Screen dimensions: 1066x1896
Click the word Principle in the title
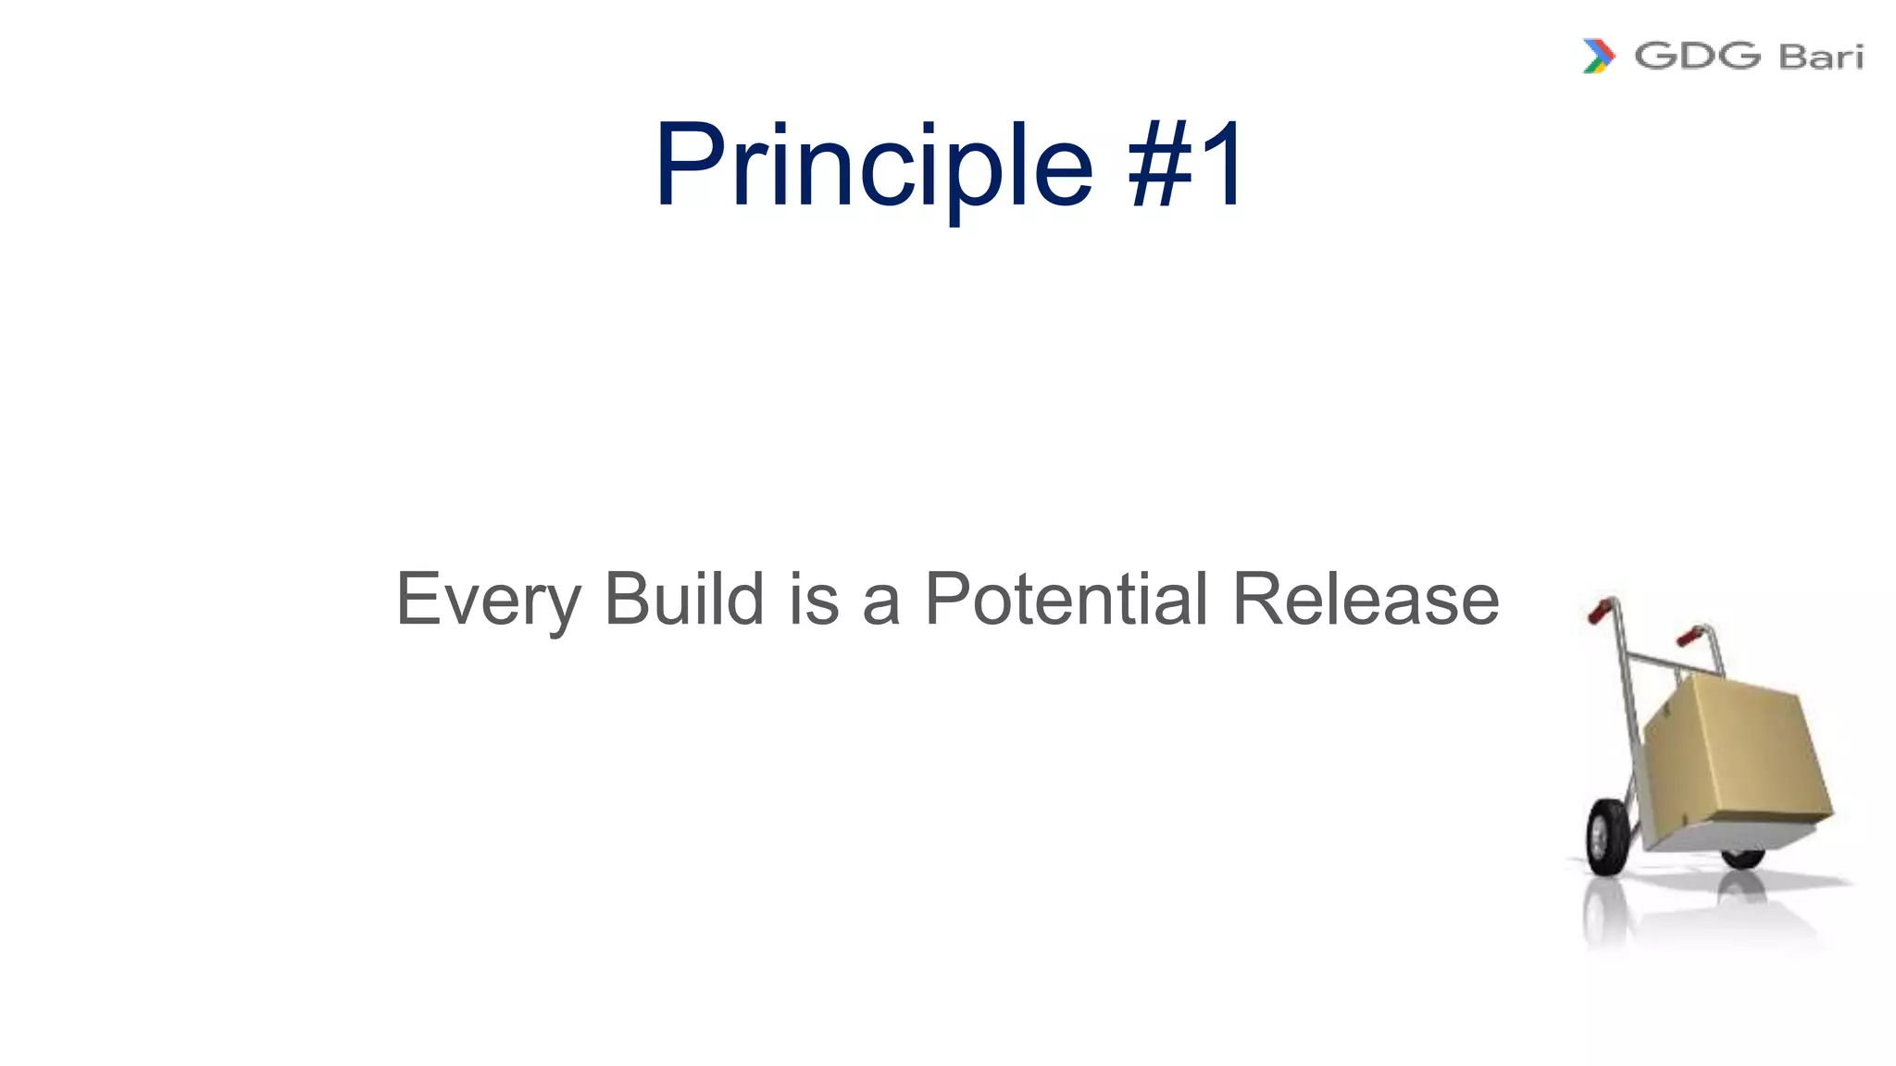point(874,167)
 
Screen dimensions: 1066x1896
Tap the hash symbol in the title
point(1161,167)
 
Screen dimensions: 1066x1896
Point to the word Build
point(684,599)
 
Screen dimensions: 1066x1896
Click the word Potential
point(1066,599)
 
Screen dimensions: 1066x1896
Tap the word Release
point(1366,600)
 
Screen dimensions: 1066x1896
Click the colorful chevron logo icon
point(1599,56)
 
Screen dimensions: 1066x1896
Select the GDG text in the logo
point(1697,56)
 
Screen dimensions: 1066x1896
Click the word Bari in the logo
point(1820,56)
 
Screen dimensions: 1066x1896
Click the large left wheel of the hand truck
point(1606,837)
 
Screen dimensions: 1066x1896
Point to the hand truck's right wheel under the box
point(1742,858)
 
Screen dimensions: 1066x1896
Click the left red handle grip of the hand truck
point(1600,611)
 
